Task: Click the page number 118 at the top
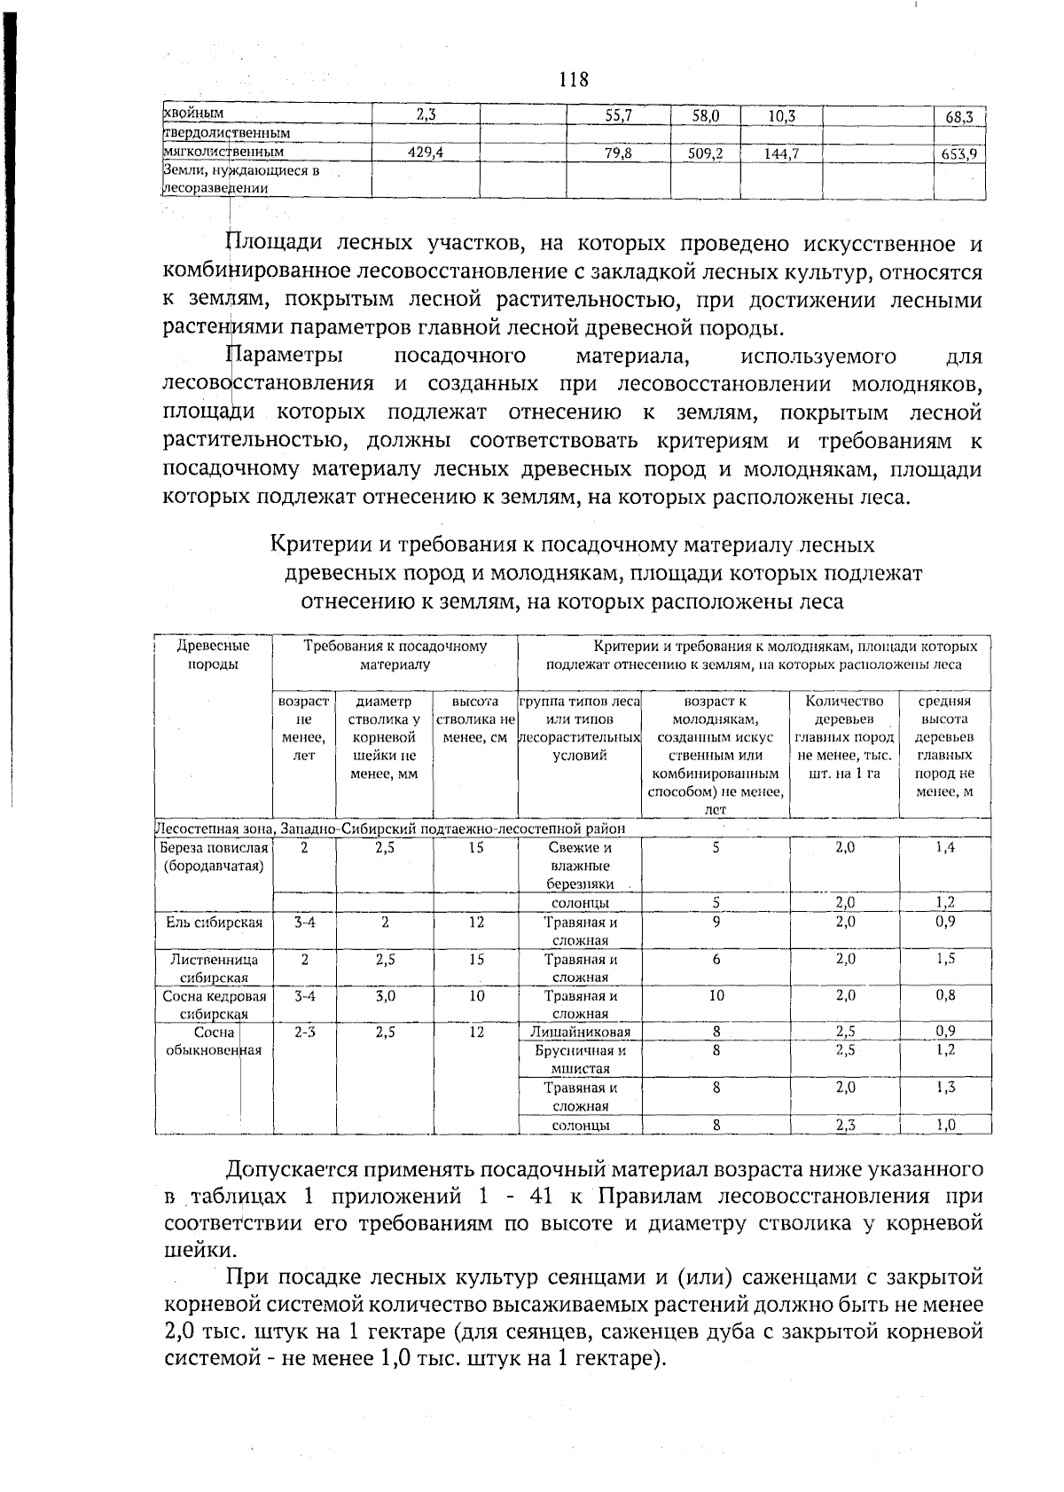point(574,80)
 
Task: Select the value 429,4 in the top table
point(425,153)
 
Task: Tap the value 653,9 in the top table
point(959,154)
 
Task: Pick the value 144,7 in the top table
point(781,153)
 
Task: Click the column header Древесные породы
point(214,655)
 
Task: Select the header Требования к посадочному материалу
point(395,655)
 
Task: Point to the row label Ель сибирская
point(214,923)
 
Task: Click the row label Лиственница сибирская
point(214,968)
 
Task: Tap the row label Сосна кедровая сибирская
point(214,1004)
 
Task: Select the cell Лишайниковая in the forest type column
point(580,1032)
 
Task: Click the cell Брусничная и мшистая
point(580,1059)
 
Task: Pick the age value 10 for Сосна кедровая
point(716,995)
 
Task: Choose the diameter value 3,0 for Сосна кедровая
point(385,995)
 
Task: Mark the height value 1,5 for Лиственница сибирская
point(945,959)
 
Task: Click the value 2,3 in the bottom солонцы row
point(844,1125)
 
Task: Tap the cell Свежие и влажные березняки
point(580,865)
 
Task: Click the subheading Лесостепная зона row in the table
point(390,828)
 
